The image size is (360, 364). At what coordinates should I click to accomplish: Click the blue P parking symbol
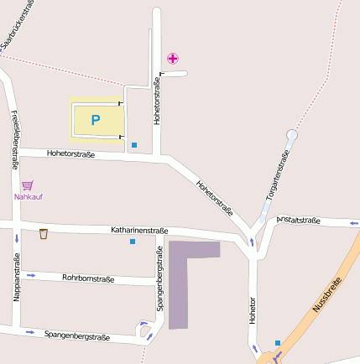[95, 120]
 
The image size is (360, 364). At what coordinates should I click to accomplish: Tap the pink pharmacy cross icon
[173, 58]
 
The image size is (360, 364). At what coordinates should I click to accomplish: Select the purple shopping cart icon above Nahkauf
[28, 185]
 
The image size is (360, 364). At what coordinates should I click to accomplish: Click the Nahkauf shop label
[28, 197]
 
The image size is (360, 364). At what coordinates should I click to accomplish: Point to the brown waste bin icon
[44, 234]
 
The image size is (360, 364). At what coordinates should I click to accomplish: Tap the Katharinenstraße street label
[139, 230]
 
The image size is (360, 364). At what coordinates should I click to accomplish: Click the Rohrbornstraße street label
[88, 278]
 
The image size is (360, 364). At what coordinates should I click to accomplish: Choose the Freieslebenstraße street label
[13, 139]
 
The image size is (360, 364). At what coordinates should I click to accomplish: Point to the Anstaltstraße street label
[298, 221]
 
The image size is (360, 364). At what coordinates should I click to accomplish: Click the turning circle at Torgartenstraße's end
[292, 135]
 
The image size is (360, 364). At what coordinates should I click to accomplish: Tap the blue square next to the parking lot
[134, 145]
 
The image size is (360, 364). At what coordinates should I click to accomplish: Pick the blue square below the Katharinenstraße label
[132, 242]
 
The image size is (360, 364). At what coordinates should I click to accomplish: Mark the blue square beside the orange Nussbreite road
[278, 342]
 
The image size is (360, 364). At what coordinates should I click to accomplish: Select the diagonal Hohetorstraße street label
[214, 198]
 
